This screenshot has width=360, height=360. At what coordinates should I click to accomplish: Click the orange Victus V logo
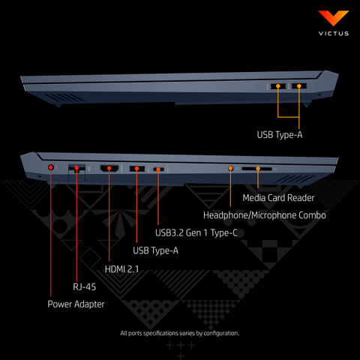[x=333, y=17]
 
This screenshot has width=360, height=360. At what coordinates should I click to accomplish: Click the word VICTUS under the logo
[x=334, y=34]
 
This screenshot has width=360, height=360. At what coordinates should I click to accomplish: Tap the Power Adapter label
[x=76, y=304]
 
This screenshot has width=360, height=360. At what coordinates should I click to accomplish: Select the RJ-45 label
[x=84, y=286]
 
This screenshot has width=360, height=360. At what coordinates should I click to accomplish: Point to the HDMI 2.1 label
[x=121, y=269]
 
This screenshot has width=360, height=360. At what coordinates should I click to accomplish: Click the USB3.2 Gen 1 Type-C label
[x=196, y=233]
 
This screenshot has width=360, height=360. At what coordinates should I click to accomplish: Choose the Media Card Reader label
[x=278, y=198]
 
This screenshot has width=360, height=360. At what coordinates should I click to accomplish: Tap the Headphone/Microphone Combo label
[x=265, y=215]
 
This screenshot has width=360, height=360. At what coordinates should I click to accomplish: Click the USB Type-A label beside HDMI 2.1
[x=155, y=250]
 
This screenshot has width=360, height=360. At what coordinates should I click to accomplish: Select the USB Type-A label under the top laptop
[x=280, y=135]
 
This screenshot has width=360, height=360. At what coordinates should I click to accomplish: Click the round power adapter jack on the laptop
[x=51, y=167]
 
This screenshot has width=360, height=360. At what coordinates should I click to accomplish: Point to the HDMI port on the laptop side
[x=109, y=168]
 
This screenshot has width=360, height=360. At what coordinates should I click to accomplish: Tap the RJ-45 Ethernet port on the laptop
[x=76, y=169]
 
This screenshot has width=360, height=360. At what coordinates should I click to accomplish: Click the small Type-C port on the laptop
[x=158, y=169]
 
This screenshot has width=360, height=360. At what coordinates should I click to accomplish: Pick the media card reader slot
[x=256, y=169]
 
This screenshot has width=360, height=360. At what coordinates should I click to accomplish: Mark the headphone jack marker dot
[x=230, y=169]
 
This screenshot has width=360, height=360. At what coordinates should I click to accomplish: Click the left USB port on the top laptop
[x=278, y=86]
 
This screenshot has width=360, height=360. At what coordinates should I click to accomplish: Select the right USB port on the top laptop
[x=299, y=86]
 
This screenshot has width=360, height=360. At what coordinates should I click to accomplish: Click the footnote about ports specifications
[x=180, y=333]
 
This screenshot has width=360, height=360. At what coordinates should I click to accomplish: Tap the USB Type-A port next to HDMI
[x=137, y=169]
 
